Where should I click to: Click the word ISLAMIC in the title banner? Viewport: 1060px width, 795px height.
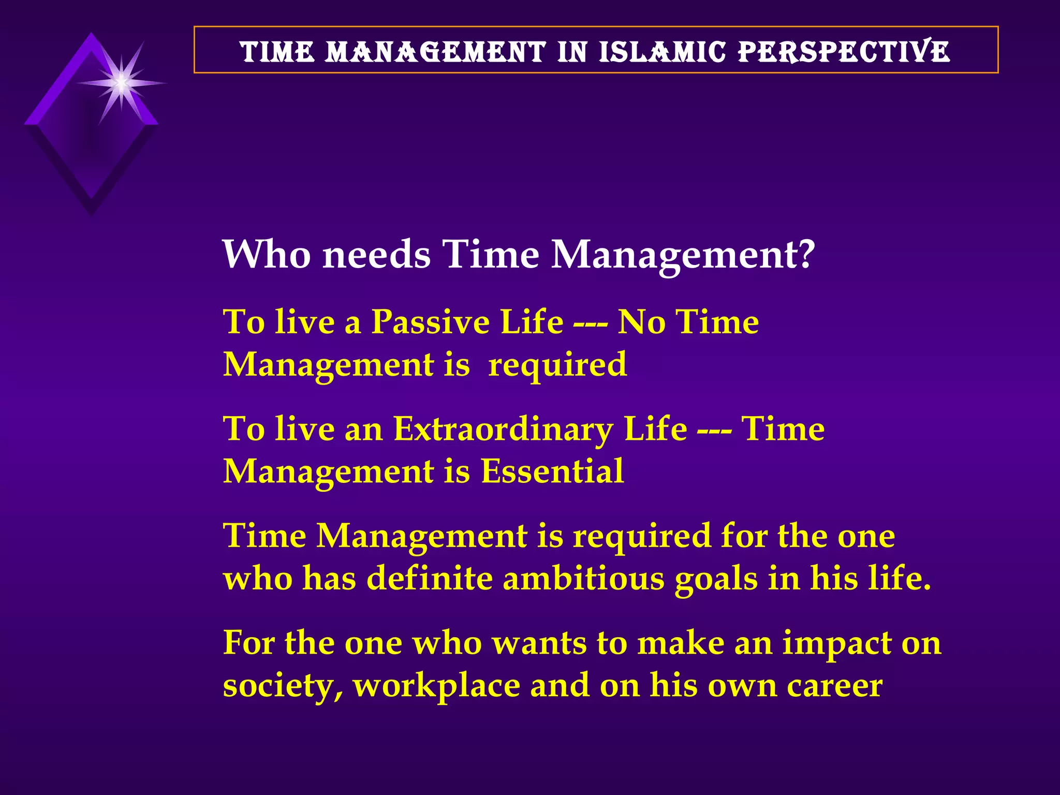663,52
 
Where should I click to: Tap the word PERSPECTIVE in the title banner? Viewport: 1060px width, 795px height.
844,52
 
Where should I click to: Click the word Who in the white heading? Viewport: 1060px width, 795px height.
267,255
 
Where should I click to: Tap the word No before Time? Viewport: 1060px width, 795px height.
641,322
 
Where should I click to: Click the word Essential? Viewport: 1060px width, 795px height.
552,472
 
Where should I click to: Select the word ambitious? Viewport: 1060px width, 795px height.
583,578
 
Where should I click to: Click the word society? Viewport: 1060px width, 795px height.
283,687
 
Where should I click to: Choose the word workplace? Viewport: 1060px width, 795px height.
436,687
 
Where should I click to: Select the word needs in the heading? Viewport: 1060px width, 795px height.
376,255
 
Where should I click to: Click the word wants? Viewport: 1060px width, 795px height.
539,643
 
